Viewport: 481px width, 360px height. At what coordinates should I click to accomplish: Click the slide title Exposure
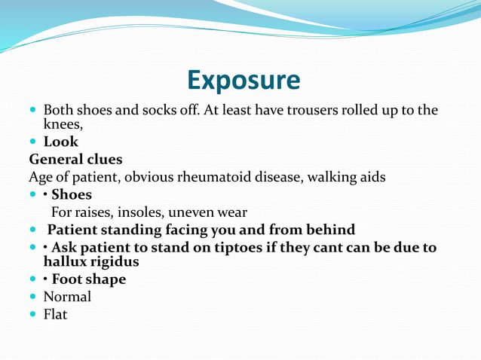pyautogui.click(x=243, y=79)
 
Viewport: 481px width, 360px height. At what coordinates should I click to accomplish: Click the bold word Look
pyautogui.click(x=61, y=142)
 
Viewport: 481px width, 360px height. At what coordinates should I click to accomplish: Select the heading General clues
pyautogui.click(x=75, y=160)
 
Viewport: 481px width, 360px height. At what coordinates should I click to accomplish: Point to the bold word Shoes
pyautogui.click(x=72, y=195)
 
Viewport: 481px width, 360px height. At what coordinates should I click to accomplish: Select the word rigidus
pyautogui.click(x=115, y=261)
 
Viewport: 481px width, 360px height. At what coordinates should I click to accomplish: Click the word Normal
pyautogui.click(x=67, y=297)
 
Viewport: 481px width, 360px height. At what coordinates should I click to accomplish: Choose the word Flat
pyautogui.click(x=55, y=314)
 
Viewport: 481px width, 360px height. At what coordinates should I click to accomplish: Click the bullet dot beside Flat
pyautogui.click(x=33, y=314)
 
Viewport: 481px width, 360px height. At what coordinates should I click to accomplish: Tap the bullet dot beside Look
pyautogui.click(x=33, y=142)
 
